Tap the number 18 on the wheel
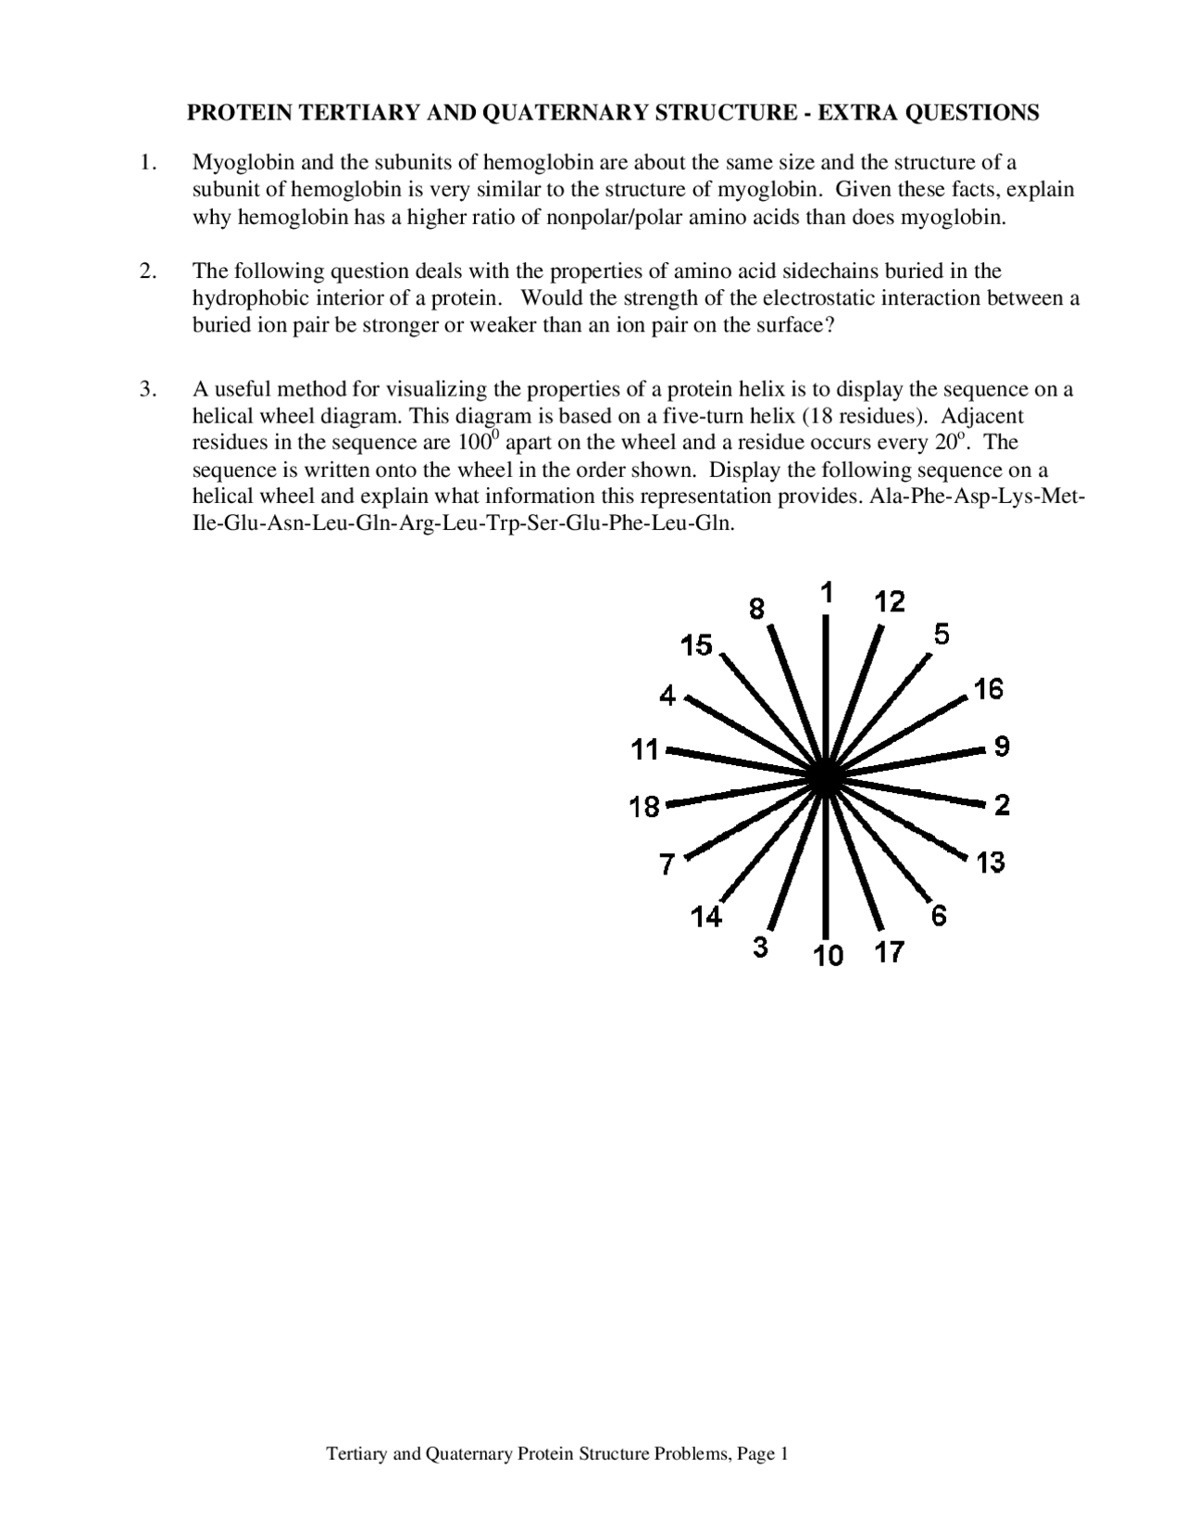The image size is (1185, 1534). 644,808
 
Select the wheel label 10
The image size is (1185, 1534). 829,956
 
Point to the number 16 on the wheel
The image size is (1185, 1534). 988,689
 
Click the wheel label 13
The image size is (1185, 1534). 990,863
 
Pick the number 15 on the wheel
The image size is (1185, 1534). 696,645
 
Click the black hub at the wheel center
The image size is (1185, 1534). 824,778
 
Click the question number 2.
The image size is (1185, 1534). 146,271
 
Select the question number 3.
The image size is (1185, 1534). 146,389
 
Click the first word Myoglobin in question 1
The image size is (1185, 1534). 236,163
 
